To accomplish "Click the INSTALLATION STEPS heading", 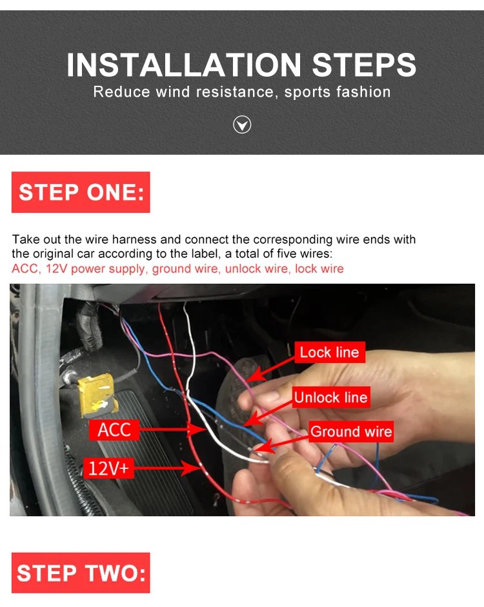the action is click(x=241, y=65).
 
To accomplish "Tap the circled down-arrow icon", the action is click(x=242, y=124).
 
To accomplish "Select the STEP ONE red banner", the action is click(x=81, y=192).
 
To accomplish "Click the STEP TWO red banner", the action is click(x=81, y=573).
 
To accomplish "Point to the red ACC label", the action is click(x=114, y=430).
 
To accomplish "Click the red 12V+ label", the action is click(x=109, y=468).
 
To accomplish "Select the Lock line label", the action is click(x=330, y=352).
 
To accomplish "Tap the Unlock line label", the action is click(x=331, y=397).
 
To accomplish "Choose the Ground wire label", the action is click(x=351, y=432).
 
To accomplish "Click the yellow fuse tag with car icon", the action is click(x=98, y=395).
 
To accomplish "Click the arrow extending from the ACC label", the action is click(x=173, y=430).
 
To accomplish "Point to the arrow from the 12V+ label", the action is click(x=167, y=468).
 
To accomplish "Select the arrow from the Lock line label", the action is click(x=270, y=370).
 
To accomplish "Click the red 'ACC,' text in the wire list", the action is click(x=26, y=268).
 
